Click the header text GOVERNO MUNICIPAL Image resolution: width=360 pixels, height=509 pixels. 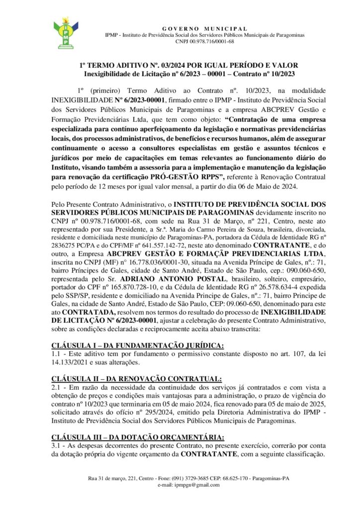pyautogui.click(x=205, y=28)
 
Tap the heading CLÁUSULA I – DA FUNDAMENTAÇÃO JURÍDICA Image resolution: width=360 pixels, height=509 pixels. pyautogui.click(x=138, y=345)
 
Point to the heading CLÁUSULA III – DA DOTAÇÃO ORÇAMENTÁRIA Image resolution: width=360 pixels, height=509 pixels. pyautogui.click(x=138, y=437)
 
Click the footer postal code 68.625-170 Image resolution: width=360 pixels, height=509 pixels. pyautogui.click(x=234, y=478)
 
